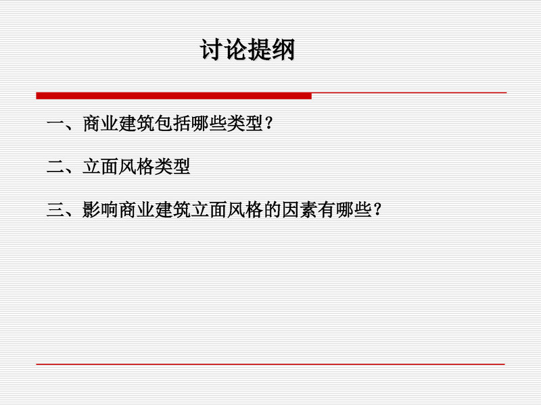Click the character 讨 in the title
tap(212, 50)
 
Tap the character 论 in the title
tap(235, 50)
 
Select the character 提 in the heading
tap(260, 50)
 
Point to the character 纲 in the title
tap(283, 50)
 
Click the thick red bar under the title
tap(174, 96)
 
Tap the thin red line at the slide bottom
tap(270, 364)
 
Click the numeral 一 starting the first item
tap(55, 124)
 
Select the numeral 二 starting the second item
tap(55, 167)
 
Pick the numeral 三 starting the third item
tap(55, 209)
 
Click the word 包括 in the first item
tap(173, 124)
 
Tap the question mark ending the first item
tap(269, 124)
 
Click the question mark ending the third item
tap(377, 209)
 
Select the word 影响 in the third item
tap(100, 209)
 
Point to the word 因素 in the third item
tap(300, 209)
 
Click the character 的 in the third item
tap(273, 209)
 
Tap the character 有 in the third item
tap(327, 209)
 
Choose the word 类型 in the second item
tap(172, 167)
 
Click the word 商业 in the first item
tap(101, 124)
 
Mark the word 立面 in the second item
tap(100, 167)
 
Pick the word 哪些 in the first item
tap(209, 124)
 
